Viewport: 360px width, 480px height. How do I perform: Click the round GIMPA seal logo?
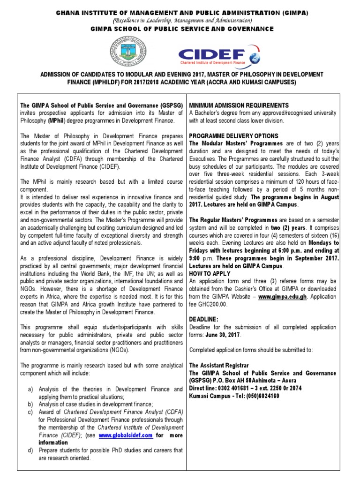pyautogui.click(x=127, y=52)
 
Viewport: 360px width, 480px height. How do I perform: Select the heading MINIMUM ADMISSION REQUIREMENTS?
pyautogui.click(x=239, y=105)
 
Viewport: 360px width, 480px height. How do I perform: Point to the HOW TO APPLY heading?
pyautogui.click(x=210, y=273)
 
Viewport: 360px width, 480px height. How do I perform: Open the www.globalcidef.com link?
pyautogui.click(x=126, y=435)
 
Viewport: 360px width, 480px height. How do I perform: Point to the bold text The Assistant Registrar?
pyautogui.click(x=219, y=365)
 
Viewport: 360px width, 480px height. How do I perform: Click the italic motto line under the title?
pyautogui.click(x=180, y=20)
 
